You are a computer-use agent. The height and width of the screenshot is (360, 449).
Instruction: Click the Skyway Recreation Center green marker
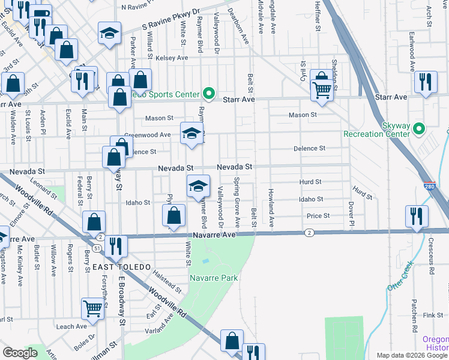[x=420, y=129]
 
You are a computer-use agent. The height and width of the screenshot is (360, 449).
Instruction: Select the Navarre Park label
[x=214, y=278]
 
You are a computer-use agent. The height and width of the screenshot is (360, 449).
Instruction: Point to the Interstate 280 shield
[x=430, y=186]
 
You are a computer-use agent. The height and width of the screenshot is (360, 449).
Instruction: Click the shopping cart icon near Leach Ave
[x=93, y=308]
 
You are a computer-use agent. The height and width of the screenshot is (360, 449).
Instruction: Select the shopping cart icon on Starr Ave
[x=322, y=90]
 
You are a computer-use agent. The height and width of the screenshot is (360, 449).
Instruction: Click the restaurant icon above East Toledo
[x=115, y=245]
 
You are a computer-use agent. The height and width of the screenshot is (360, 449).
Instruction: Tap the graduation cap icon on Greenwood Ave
[x=191, y=133]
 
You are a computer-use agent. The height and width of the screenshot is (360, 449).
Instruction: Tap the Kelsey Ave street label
[x=172, y=58]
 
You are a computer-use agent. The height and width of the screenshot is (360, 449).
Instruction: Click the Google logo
[x=20, y=353]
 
